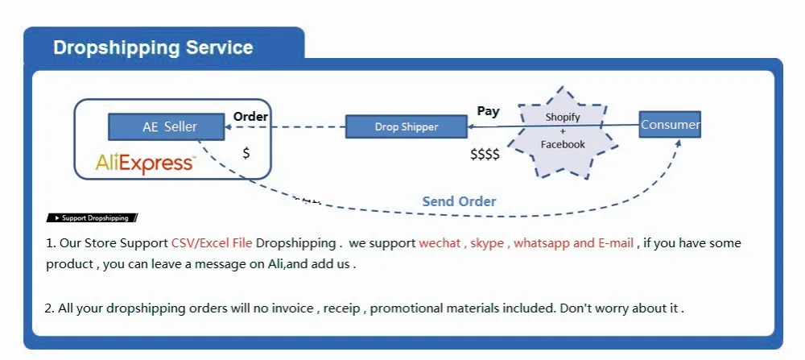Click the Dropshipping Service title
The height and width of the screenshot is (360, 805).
coord(153,48)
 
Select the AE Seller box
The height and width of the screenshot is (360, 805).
coord(154,126)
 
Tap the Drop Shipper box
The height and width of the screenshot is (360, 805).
coord(407,126)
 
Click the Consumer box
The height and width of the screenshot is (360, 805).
coord(670,125)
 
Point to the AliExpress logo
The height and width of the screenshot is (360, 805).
coord(145,163)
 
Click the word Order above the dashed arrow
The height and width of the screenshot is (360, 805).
coord(250,117)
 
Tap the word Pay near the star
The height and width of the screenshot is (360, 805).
coord(488,111)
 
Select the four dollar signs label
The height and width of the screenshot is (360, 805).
coord(485,154)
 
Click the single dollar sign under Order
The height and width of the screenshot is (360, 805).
coord(246,152)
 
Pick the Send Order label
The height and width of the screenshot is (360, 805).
coord(459,201)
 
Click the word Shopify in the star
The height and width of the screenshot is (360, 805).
coord(563,118)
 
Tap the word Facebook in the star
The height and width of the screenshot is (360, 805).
coord(563,144)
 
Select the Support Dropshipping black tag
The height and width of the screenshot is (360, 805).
coord(93,218)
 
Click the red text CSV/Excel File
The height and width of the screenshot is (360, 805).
coord(212,243)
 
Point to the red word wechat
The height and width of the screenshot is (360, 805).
coord(440,243)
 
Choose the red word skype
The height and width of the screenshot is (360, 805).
coord(487,243)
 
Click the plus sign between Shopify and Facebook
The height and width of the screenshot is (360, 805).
coord(563,131)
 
